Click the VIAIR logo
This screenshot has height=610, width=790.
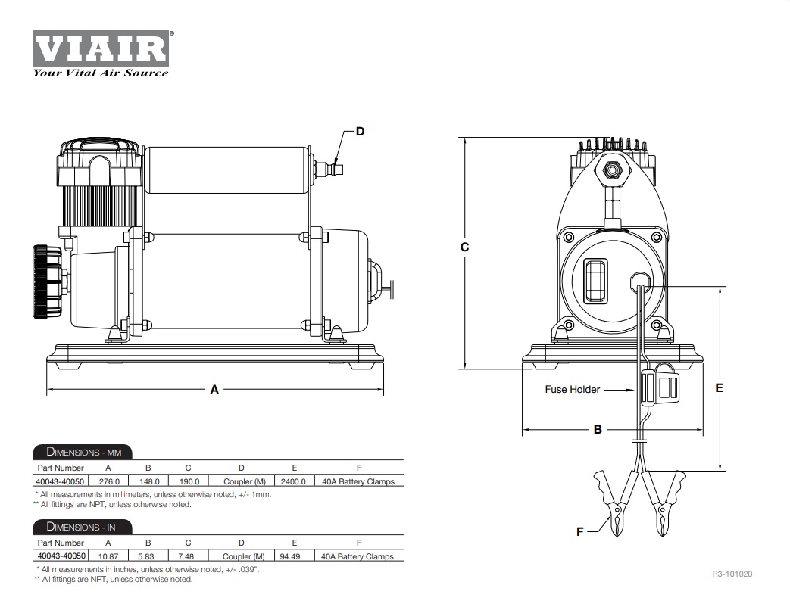(x=101, y=48)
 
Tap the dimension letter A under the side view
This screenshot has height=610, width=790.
(x=214, y=389)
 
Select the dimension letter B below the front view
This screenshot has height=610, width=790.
(x=598, y=429)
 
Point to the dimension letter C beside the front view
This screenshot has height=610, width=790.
(x=464, y=247)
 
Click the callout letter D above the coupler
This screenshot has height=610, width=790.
(x=360, y=132)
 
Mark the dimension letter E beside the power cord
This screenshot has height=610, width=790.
(x=719, y=388)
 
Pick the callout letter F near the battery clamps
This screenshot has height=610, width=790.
(x=580, y=531)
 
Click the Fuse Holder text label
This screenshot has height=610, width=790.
(x=573, y=389)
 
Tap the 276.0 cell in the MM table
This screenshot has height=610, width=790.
(x=108, y=481)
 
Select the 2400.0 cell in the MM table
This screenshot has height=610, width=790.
(x=293, y=481)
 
